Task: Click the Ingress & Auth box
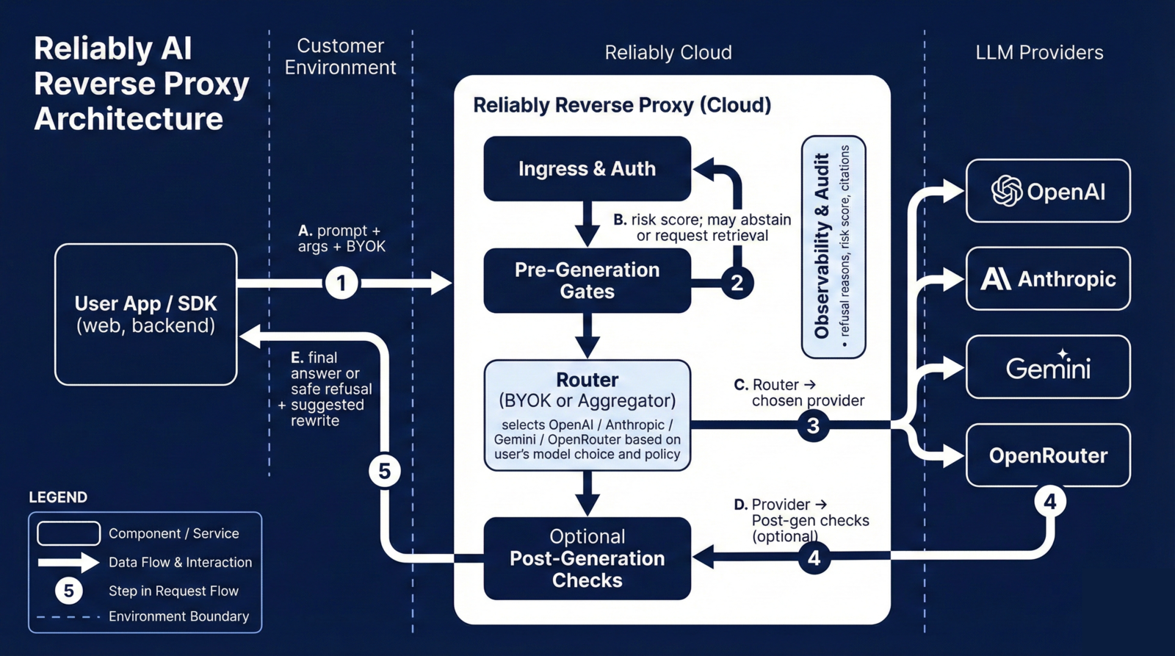[587, 168]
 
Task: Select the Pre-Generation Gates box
[587, 280]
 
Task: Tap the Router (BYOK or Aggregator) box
[587, 415]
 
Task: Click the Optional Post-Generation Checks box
[587, 558]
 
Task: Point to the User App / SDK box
[145, 314]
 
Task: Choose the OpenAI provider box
[1048, 191]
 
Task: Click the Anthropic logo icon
[996, 279]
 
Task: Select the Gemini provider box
[1048, 367]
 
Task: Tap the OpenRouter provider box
[1048, 455]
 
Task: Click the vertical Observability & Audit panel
[833, 246]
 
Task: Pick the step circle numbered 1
[341, 283]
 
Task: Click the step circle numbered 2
[737, 283]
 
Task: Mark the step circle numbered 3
[813, 425]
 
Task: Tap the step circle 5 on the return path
[385, 470]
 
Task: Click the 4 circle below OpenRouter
[1050, 502]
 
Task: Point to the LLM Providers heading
[1039, 53]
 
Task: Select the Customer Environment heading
[340, 57]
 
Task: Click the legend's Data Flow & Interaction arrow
[68, 563]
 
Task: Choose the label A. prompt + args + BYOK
[341, 239]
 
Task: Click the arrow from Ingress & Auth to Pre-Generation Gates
[587, 223]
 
